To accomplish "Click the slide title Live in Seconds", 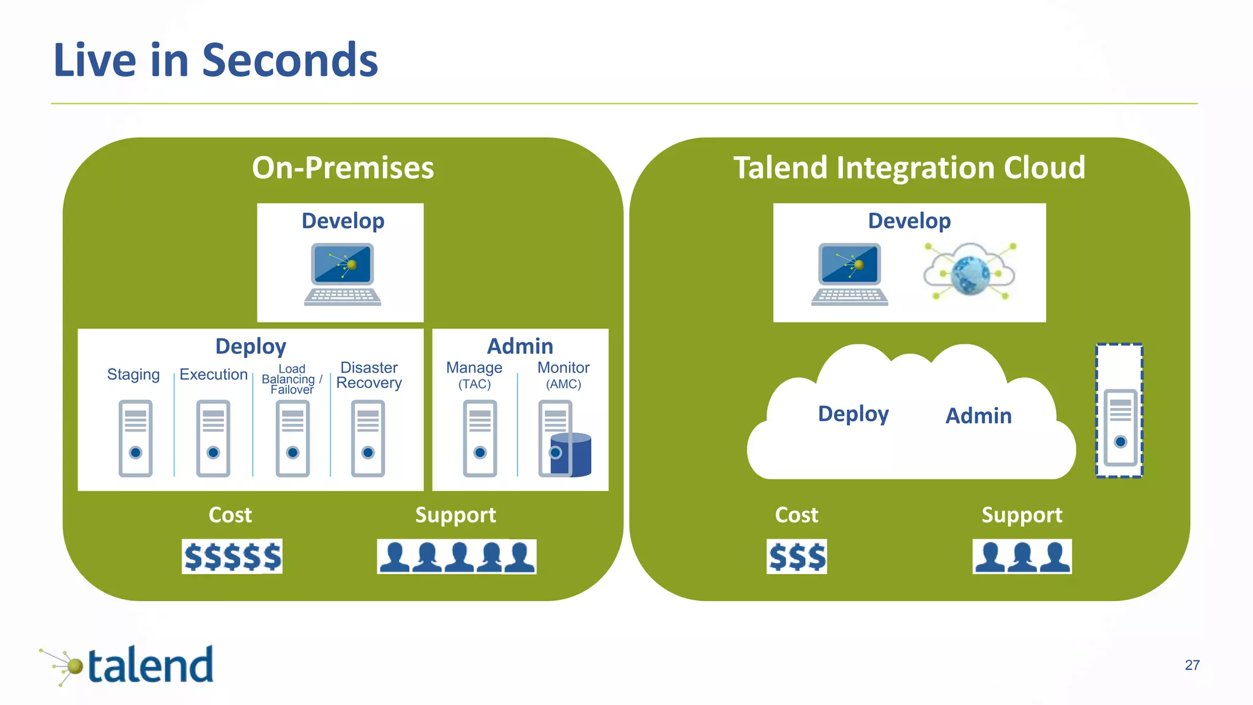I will [215, 60].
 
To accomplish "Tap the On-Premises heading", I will [343, 168].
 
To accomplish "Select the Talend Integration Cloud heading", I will [909, 168].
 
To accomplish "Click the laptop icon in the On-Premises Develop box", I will [343, 274].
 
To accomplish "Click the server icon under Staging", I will [135, 438].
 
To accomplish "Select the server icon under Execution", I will [213, 438].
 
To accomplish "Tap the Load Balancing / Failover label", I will [292, 379].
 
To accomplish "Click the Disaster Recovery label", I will [369, 375].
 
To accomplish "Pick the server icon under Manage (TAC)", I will [480, 438].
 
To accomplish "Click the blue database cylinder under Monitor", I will [573, 454].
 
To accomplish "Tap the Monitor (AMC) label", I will [563, 375].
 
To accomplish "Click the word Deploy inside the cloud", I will [853, 414].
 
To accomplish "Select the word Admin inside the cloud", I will [978, 416].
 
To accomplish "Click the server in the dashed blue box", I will [1120, 427].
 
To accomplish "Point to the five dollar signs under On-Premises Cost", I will [232, 556].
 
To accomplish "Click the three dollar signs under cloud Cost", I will [797, 556].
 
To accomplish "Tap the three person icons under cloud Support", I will [1022, 556].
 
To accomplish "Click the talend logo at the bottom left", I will [128, 665].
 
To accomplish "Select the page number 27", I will [1192, 665].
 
